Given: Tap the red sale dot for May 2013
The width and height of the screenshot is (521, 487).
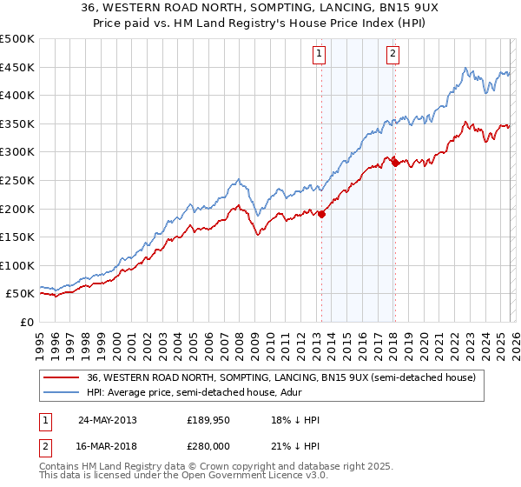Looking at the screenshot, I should pos(321,214).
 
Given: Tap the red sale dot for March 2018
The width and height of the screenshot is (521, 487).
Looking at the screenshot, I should pos(395,163).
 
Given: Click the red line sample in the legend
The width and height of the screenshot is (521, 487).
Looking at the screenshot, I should pos(62,378).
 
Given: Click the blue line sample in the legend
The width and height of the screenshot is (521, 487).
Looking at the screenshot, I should pos(62,392).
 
